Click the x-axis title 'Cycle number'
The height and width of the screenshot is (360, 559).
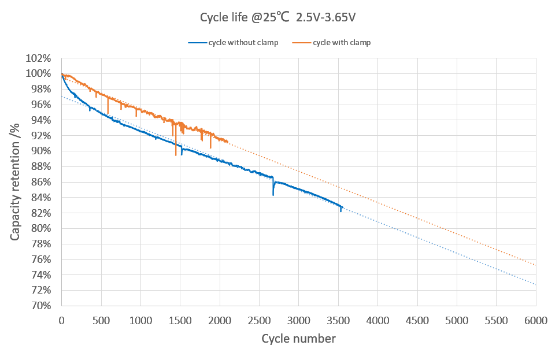tap(298, 339)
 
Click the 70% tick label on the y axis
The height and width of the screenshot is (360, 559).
tap(42, 306)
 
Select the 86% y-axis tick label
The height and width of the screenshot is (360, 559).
tap(42, 182)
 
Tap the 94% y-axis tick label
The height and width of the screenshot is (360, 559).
tap(42, 120)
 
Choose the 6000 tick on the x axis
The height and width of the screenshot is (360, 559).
tap(535, 318)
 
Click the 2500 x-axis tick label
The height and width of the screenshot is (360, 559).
tap(259, 318)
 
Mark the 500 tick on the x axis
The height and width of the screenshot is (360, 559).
tap(101, 318)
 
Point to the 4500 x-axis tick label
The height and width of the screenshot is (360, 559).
tap(417, 318)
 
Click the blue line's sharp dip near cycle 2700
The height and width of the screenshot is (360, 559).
tap(273, 195)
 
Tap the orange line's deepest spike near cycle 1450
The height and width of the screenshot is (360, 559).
tap(176, 155)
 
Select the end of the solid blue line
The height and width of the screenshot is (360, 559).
tap(342, 207)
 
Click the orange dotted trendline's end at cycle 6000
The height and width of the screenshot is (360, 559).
tap(535, 265)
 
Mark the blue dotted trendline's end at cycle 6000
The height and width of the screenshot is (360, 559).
tap(535, 284)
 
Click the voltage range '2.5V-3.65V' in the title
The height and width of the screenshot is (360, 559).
tap(325, 17)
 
